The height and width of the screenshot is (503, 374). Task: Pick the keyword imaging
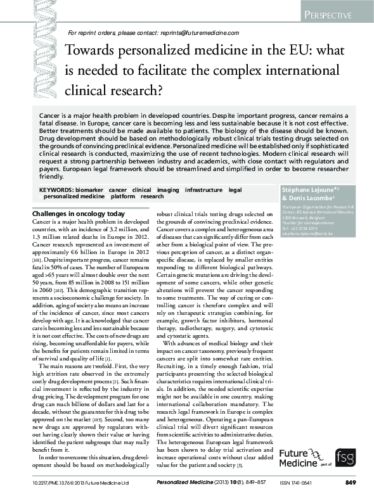pos(169,189)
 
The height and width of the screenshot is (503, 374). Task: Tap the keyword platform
pos(122,196)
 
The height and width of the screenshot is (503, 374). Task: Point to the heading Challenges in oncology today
pos(79,214)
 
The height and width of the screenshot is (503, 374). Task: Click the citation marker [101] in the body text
pos(37,258)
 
